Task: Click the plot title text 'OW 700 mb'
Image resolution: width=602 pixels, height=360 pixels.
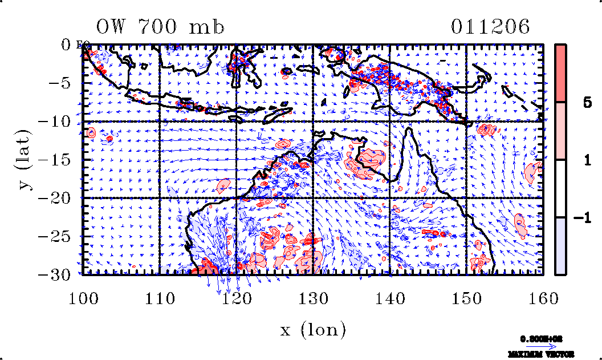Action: tap(160, 27)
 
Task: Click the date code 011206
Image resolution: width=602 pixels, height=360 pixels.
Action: tap(490, 27)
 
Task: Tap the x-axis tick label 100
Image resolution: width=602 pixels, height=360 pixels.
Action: tap(83, 298)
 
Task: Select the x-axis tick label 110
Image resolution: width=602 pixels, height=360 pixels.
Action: tap(160, 298)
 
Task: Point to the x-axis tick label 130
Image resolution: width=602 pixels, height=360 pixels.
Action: tap(314, 298)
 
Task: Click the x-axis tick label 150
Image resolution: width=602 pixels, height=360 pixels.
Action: tap(467, 298)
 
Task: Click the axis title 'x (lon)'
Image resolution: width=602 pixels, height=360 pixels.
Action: tap(313, 329)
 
